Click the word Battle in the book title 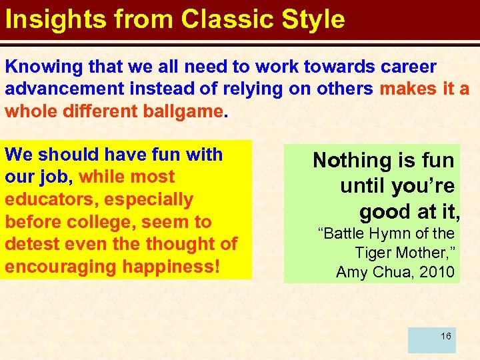347,234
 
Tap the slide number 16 445,336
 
